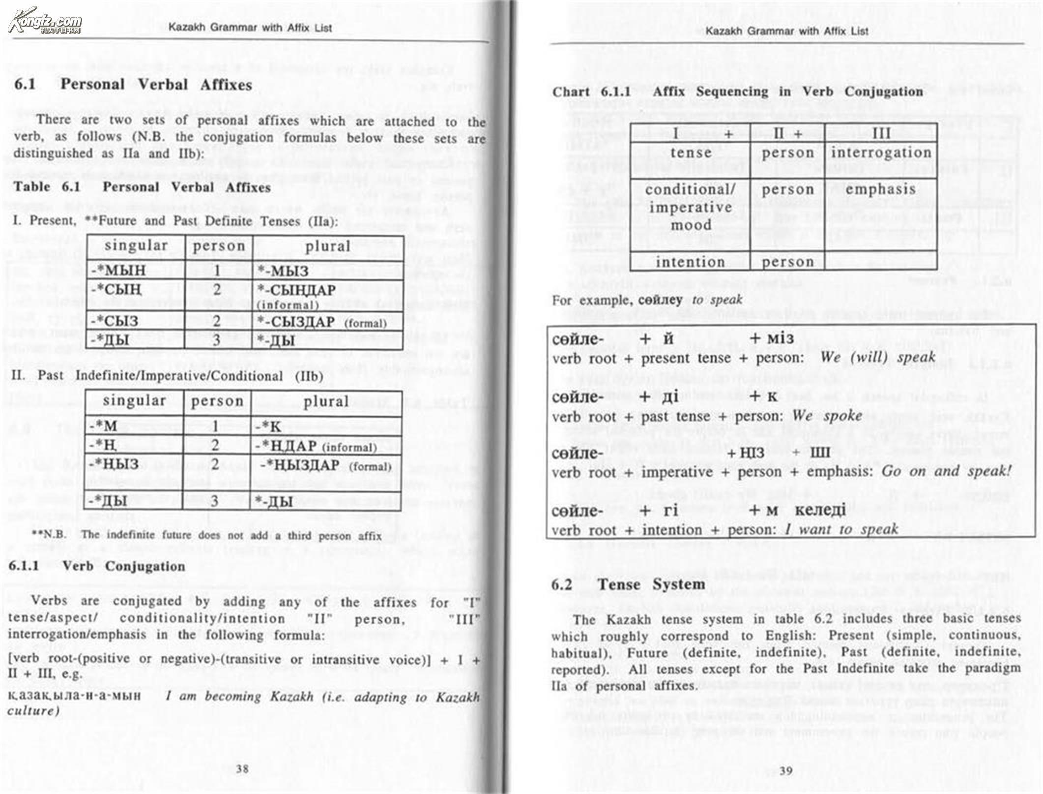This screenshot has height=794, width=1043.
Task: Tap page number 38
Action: (242, 768)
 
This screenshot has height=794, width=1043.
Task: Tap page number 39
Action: (786, 770)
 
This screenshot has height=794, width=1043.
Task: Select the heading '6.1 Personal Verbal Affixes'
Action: (133, 85)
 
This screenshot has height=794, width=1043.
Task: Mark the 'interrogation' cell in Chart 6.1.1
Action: (881, 153)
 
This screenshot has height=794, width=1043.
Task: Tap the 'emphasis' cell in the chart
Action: (881, 189)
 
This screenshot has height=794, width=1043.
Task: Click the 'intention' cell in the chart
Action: (690, 262)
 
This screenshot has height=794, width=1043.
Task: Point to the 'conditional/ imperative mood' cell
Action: (690, 208)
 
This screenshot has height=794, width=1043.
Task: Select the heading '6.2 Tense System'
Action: (628, 584)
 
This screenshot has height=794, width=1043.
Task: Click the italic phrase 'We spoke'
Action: (827, 416)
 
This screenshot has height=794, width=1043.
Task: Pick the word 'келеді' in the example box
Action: (820, 510)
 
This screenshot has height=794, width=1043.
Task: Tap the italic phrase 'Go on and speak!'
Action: (946, 471)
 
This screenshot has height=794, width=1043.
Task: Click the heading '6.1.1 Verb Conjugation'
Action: (97, 566)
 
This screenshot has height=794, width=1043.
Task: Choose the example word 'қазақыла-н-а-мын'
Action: (74, 695)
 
